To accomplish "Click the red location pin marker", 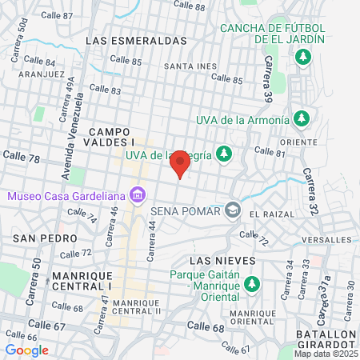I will pos(180,163).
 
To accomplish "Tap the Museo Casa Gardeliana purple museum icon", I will pos(138,195).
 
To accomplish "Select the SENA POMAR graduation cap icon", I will pos(232,210).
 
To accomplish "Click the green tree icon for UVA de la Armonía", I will pos(301,120).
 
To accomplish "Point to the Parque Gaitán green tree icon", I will pos(252,284).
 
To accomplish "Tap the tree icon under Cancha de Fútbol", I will pos(302,57).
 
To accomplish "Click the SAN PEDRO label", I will pos(46,238).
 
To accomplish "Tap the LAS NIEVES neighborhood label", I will pos(222,261).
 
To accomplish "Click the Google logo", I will pos(26,350).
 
